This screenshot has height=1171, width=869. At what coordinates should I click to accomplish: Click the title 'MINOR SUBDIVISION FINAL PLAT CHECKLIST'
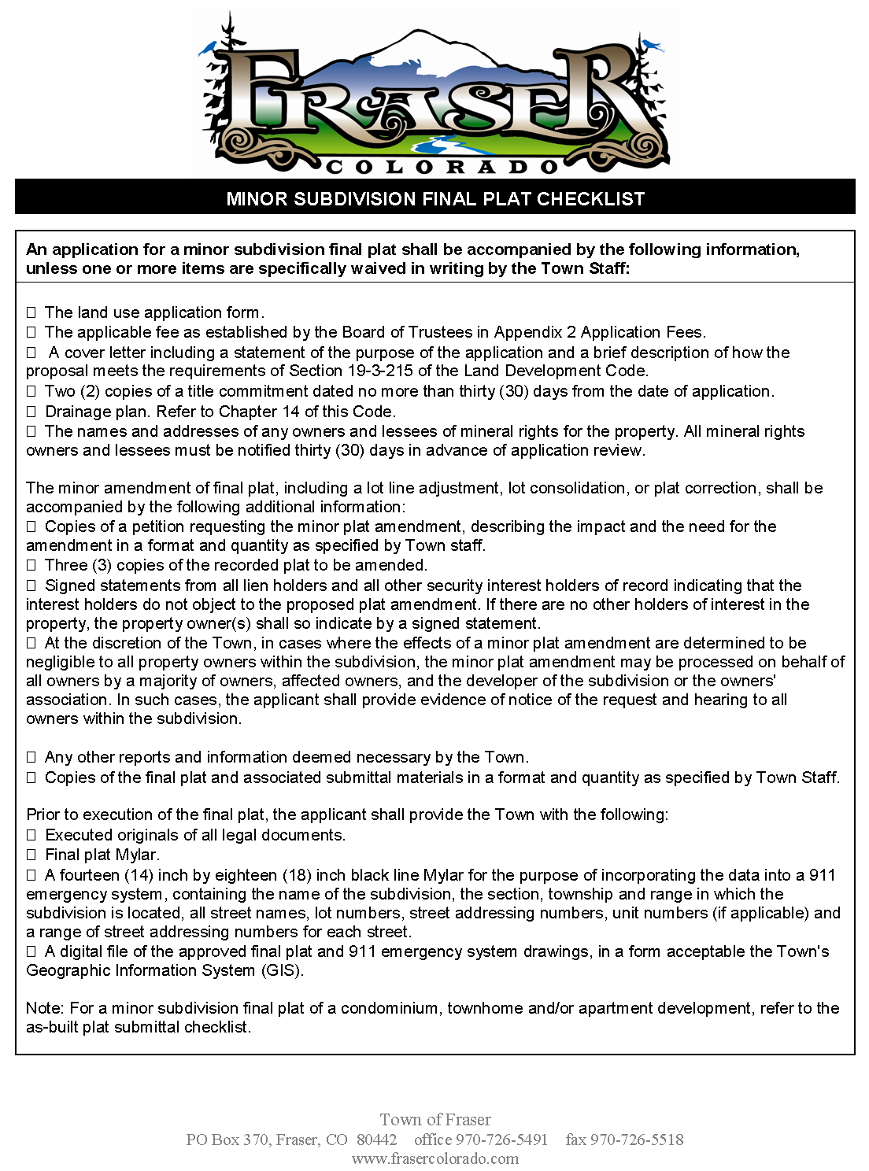click(435, 199)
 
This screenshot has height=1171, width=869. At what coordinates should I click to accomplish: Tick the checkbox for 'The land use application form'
click(31, 313)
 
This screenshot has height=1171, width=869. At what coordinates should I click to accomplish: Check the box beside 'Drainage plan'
click(31, 412)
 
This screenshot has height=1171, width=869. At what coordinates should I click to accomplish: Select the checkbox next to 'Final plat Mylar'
click(31, 855)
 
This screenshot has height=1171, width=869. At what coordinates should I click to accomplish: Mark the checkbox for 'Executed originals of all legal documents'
click(31, 836)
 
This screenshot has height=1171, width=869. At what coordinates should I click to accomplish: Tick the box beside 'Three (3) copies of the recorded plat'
click(31, 566)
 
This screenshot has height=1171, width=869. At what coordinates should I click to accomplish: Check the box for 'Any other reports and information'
click(31, 758)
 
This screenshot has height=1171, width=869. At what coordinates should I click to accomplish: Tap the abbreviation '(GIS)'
click(282, 970)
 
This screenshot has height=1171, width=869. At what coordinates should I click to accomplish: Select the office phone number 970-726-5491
click(501, 1140)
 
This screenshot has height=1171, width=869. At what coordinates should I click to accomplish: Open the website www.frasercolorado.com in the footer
click(435, 1158)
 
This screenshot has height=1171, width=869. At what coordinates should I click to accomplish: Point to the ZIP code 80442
click(376, 1140)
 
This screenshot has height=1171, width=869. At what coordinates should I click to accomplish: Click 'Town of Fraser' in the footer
click(435, 1120)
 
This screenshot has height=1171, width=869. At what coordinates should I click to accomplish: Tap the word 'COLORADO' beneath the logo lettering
click(442, 167)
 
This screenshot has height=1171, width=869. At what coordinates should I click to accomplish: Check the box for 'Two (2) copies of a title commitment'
click(31, 391)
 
